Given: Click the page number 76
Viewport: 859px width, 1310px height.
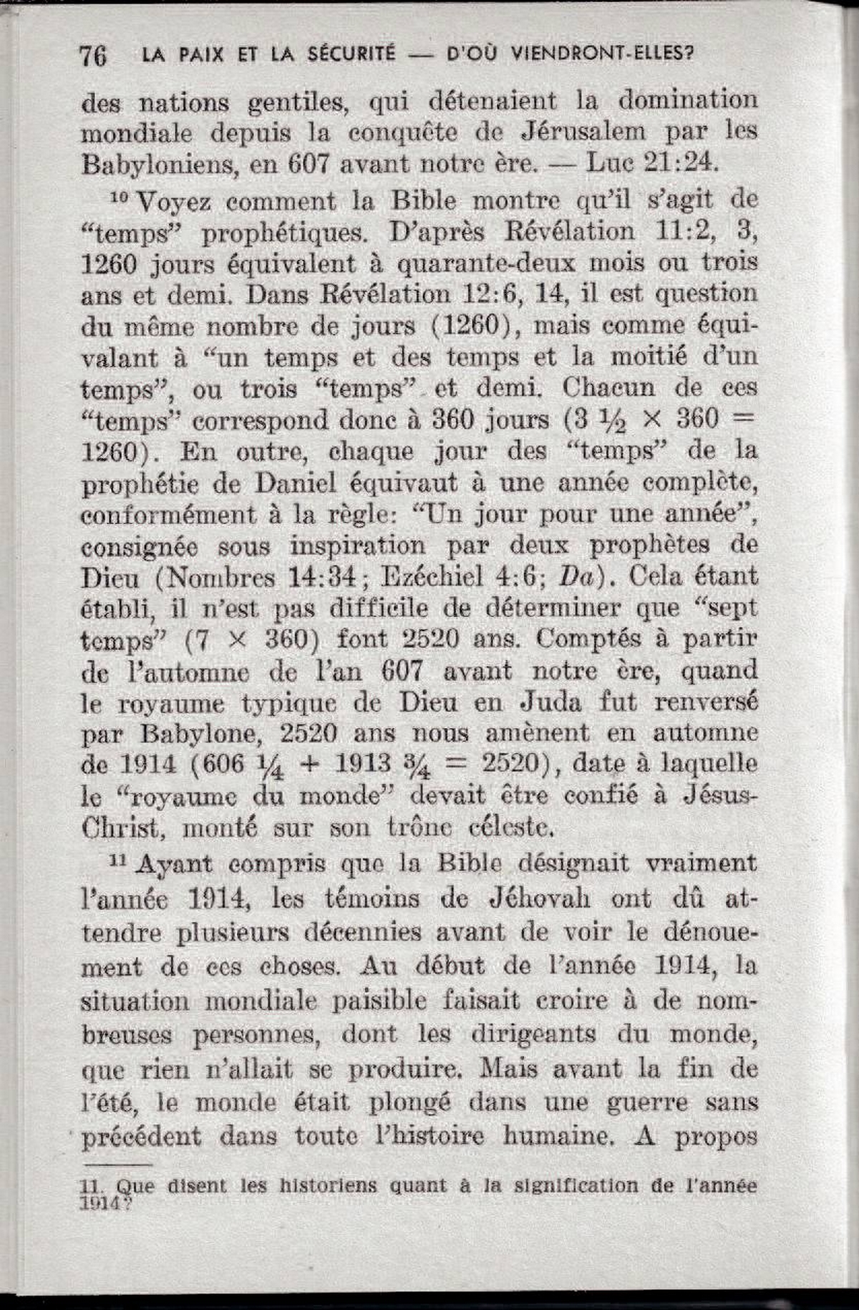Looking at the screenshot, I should pos(94,55).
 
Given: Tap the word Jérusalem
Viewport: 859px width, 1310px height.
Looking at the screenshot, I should pos(583,132).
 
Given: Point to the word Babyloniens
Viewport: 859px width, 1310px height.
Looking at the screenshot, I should pos(159,165).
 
